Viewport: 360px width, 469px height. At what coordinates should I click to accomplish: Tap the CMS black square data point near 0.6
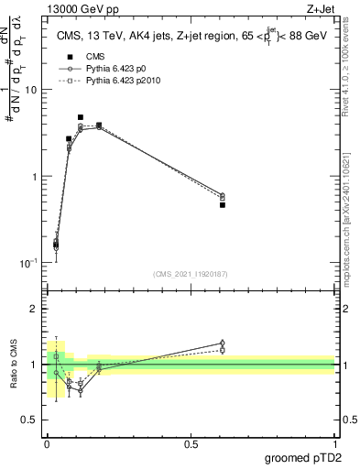223,205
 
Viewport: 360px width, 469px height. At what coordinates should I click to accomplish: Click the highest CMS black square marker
81,117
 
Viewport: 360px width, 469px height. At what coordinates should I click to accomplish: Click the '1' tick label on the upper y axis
34,176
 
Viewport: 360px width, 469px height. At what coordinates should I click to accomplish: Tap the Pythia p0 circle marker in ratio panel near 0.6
223,344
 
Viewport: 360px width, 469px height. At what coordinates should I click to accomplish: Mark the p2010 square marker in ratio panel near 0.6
223,350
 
